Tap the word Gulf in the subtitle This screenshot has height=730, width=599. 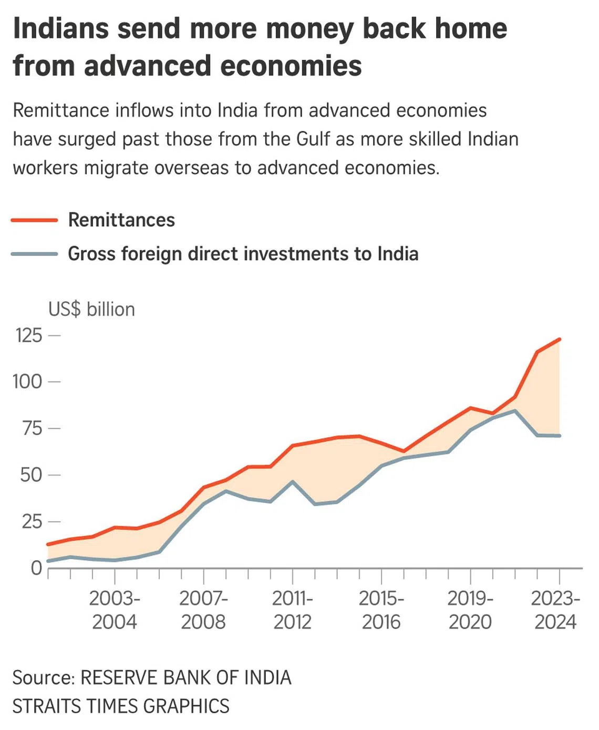pyautogui.click(x=313, y=139)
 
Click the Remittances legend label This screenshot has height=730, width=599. pyautogui.click(x=121, y=220)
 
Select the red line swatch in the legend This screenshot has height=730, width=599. pyautogui.click(x=34, y=221)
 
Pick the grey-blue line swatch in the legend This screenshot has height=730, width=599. pyautogui.click(x=34, y=254)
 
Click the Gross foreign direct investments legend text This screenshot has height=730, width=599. pyautogui.click(x=243, y=254)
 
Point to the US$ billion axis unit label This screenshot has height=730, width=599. pyautogui.click(x=91, y=310)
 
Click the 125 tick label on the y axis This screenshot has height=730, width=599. pyautogui.click(x=29, y=335)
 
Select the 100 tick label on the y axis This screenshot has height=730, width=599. pyautogui.click(x=27, y=382)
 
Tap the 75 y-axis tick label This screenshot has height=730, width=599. pyautogui.click(x=31, y=428)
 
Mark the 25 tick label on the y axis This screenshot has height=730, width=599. pyautogui.click(x=31, y=521)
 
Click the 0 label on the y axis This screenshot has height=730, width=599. pyautogui.click(x=36, y=568)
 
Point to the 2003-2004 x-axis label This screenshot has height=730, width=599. pyautogui.click(x=114, y=610)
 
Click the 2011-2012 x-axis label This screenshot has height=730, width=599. pyautogui.click(x=292, y=610)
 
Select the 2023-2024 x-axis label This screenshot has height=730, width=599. pyautogui.click(x=555, y=610)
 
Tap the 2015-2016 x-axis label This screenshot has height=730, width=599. pyautogui.click(x=381, y=610)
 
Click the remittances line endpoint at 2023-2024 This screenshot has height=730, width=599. pyautogui.click(x=560, y=340)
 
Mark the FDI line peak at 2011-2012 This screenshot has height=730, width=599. pyautogui.click(x=292, y=481)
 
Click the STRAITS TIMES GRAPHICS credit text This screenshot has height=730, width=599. pyautogui.click(x=121, y=706)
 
